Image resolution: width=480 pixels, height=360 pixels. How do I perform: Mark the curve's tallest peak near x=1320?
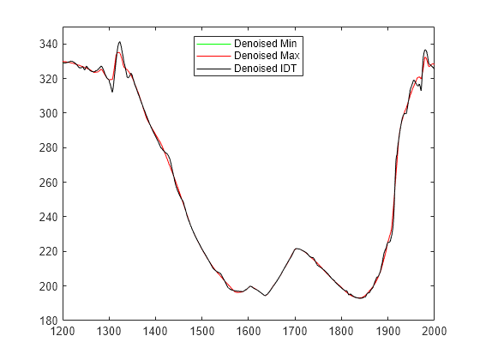tap(119, 41)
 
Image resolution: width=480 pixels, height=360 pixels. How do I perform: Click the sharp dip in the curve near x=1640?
tap(266, 295)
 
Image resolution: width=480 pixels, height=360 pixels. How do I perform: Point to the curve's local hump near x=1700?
tap(296, 249)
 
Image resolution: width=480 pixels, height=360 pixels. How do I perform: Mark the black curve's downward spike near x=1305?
tap(112, 91)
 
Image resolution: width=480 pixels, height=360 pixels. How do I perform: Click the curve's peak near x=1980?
tap(425, 50)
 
